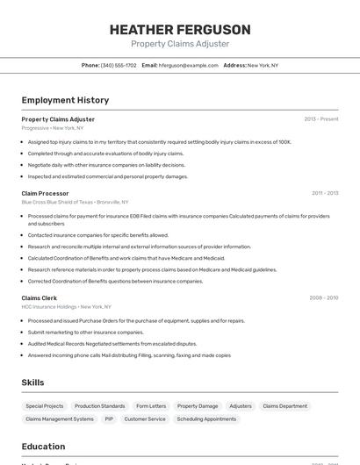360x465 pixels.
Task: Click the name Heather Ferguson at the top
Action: click(180, 29)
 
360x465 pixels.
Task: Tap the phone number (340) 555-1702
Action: click(119, 65)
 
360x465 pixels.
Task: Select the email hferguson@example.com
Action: click(189, 65)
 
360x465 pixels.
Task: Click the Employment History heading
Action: click(65, 100)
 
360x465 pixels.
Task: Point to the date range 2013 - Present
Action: click(320, 118)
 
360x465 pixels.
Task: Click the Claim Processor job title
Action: click(45, 193)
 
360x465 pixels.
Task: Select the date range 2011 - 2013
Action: click(324, 193)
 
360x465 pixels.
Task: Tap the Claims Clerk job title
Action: click(40, 297)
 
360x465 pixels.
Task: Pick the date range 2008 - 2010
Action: click(323, 297)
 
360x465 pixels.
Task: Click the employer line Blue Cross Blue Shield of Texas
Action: click(75, 202)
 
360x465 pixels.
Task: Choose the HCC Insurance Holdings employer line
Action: click(66, 307)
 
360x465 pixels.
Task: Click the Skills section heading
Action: click(33, 383)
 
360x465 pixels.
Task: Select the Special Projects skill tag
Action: click(45, 406)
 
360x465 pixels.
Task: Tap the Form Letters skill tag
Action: click(151, 406)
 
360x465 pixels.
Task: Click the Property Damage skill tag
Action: click(198, 406)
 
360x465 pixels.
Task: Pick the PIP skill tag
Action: click(109, 419)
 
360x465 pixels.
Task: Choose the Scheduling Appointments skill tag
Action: click(206, 419)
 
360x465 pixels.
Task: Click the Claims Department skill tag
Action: click(285, 406)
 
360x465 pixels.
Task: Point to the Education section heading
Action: click(43, 446)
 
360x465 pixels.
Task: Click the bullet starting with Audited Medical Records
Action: click(112, 344)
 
